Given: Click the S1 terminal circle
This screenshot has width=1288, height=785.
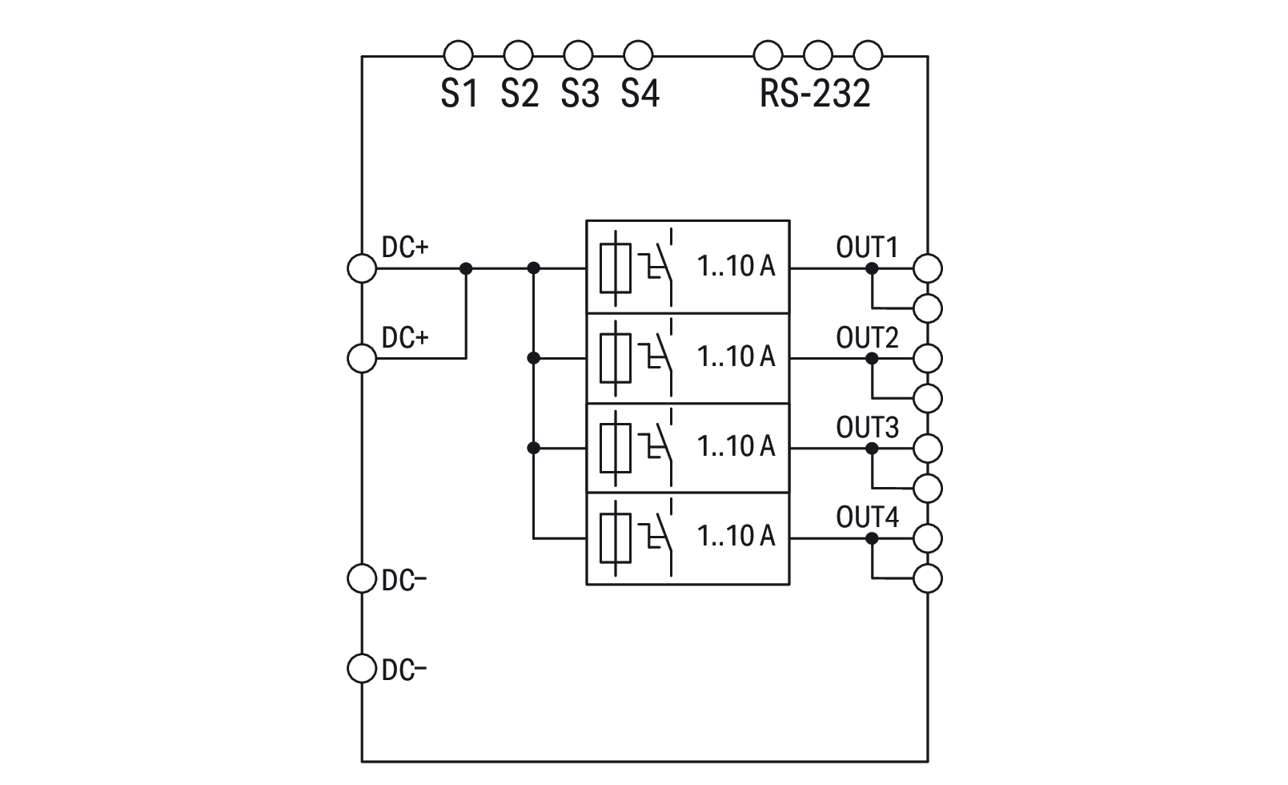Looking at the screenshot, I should point(458,56).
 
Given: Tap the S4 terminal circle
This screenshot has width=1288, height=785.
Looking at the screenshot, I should point(638,56).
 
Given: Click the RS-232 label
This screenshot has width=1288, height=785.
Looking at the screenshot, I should point(814,94).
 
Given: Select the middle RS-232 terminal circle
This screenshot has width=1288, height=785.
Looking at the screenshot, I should point(818,56).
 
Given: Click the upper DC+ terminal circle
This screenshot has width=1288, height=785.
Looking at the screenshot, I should point(362,268).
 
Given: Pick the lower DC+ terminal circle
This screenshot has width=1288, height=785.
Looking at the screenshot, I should point(362,358).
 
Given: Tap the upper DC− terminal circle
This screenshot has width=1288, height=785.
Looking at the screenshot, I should point(362,578).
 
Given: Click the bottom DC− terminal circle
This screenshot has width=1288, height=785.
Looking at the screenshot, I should point(362,668).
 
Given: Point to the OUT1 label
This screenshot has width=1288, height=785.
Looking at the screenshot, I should point(867,248).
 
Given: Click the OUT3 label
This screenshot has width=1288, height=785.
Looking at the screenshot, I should point(867,428).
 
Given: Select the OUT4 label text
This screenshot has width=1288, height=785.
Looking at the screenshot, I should point(867,517).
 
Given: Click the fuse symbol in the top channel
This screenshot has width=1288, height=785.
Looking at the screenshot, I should point(615,268).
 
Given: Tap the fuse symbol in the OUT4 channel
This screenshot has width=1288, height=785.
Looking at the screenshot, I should point(615,538).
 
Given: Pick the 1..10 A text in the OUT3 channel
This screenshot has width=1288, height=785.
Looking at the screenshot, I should point(736,446).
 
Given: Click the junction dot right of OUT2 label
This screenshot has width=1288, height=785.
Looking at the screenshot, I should point(872,358).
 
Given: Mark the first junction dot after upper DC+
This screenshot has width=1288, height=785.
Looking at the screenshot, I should point(467,268).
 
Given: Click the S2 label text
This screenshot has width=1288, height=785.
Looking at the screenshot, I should point(520,94).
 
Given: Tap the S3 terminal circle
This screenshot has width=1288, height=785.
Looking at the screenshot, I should point(578,56).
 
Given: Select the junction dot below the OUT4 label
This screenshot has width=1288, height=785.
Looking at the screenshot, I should point(872,538).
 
